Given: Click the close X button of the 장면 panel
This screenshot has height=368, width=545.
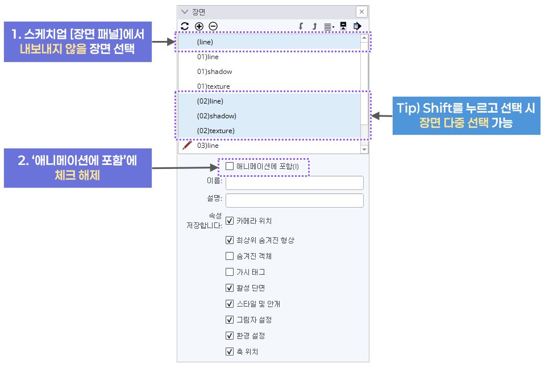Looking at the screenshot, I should point(361,12).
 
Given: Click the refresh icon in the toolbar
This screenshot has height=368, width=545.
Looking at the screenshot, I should point(185,26).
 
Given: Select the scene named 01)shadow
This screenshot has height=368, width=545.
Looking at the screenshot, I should point(214,72).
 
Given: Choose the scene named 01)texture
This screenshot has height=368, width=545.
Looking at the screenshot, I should point(214,86).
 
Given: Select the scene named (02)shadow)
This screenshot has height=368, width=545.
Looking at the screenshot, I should point(217,116).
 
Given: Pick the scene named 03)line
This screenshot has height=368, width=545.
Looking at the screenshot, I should point(207,146).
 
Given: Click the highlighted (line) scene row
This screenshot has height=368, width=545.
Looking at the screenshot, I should point(205,42).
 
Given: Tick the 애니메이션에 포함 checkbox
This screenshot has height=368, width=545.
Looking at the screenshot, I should point(230,167).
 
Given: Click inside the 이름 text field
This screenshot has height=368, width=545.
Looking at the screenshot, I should point(294,183).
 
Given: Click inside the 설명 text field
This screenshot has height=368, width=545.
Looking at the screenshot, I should point(294,201).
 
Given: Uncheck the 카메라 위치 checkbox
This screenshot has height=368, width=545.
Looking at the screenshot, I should point(230,221).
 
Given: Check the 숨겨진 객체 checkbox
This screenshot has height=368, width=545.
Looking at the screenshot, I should point(230,256).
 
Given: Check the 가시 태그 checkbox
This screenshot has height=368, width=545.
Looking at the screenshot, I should point(230,272).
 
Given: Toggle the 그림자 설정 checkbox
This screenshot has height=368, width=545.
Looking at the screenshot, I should point(230,320).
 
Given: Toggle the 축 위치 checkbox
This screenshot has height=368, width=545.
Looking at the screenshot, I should point(230,352).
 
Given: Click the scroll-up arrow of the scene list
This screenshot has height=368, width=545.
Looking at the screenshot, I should point(364,39).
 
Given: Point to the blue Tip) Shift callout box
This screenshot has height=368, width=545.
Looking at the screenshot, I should point(466,115).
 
